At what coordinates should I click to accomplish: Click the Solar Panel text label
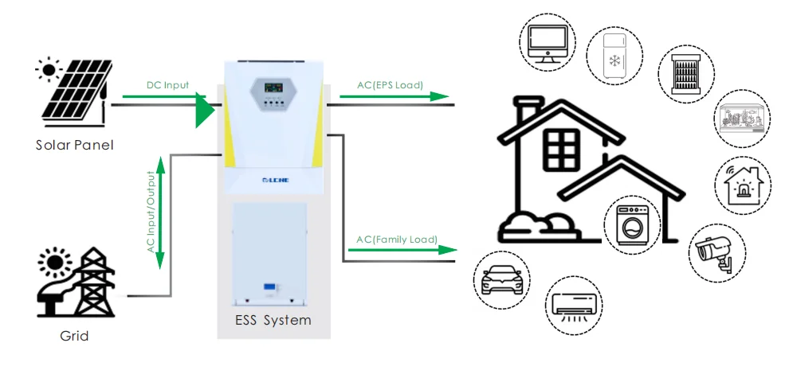[x=74, y=145]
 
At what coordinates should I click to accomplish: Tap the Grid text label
[x=74, y=336]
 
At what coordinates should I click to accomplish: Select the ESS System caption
[x=274, y=321]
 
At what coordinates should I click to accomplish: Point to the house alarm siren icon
[x=744, y=185]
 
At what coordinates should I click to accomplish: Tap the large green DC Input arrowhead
[x=205, y=111]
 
